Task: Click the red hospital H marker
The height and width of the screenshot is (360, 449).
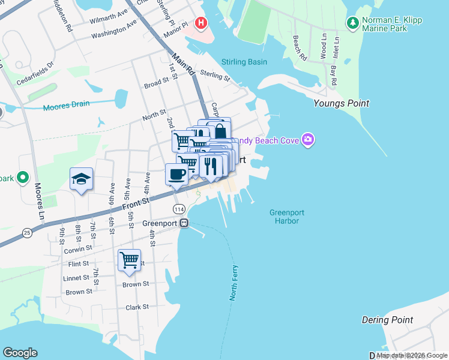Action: point(202,23)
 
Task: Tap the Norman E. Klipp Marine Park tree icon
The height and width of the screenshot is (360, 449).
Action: point(352,23)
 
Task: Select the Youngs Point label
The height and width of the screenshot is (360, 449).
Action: point(341,103)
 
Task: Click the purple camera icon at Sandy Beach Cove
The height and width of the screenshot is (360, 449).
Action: point(308,140)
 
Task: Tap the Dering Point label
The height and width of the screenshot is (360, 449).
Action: point(387,320)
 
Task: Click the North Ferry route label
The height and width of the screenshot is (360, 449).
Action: point(234,283)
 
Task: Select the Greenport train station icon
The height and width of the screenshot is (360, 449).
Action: point(184,223)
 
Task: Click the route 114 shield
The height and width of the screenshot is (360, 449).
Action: point(178,209)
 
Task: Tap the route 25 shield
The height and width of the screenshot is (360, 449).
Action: point(26,232)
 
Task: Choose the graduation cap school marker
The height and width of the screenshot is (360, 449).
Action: point(81,179)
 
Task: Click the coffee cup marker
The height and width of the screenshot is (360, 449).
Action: point(176,175)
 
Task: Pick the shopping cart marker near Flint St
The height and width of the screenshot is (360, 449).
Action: point(129,260)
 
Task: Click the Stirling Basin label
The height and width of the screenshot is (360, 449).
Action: point(244,62)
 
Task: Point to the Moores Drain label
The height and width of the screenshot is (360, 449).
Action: point(66,106)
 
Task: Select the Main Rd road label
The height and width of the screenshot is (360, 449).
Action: point(184,66)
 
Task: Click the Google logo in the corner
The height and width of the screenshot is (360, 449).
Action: point(20,353)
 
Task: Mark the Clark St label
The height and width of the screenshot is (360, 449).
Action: point(137,307)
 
